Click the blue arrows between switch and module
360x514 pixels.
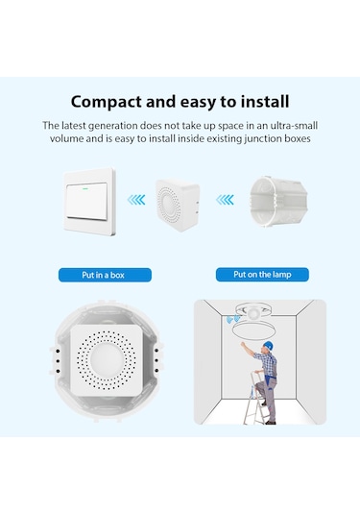point(136,200)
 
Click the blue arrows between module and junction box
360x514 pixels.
point(224,200)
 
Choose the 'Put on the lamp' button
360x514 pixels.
point(270,274)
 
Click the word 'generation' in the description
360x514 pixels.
point(111,125)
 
